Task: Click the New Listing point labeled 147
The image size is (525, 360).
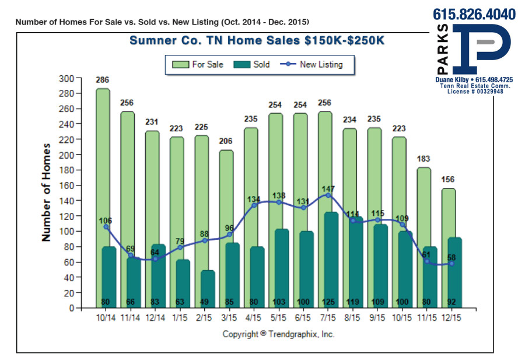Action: click(x=328, y=195)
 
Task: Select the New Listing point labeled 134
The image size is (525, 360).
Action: click(x=254, y=205)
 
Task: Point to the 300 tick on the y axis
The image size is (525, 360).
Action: click(x=68, y=78)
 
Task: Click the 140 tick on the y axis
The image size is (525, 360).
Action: click(x=68, y=201)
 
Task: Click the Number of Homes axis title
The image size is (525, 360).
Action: click(x=47, y=193)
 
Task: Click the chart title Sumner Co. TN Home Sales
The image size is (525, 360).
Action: click(x=257, y=41)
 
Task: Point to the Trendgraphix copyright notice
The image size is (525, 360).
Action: click(x=278, y=334)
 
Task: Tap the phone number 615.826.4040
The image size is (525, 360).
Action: click(x=474, y=14)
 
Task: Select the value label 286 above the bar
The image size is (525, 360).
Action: click(x=103, y=80)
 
